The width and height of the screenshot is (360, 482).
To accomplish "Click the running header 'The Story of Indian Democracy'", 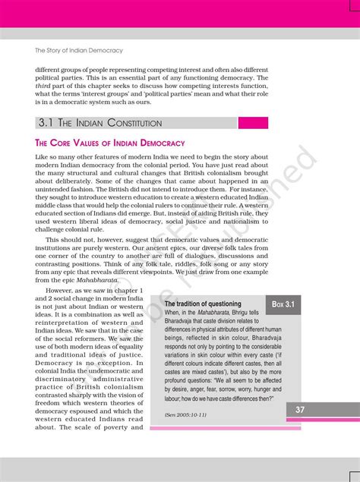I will (79, 51).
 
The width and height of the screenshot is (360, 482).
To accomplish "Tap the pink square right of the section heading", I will (253, 122).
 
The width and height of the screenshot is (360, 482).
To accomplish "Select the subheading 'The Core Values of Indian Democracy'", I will (110, 143).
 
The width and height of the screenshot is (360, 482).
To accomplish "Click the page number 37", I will (302, 410).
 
